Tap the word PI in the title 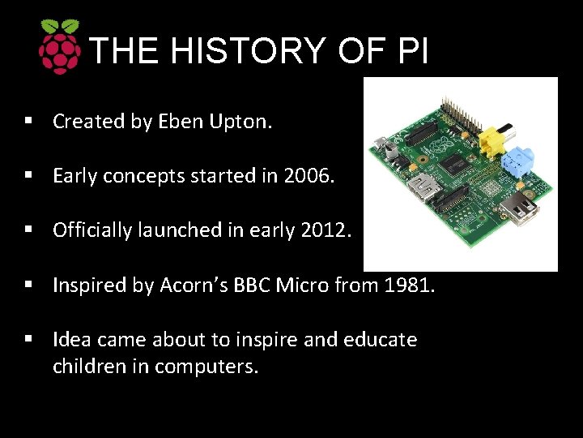(x=413, y=51)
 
